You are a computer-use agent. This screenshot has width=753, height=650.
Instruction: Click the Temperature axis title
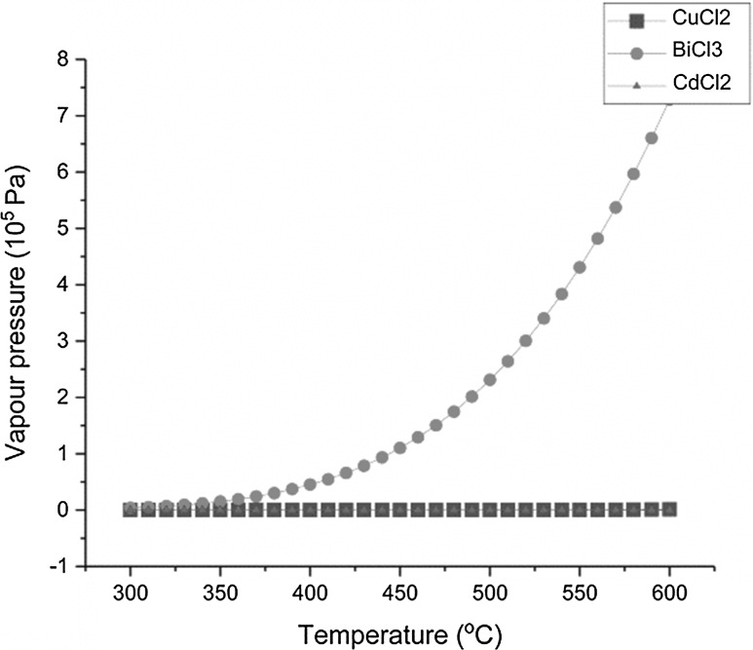coord(399,633)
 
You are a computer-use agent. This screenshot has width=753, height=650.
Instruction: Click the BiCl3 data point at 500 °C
coord(489,379)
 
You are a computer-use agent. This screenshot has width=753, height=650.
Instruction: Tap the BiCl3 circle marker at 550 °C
coord(580,267)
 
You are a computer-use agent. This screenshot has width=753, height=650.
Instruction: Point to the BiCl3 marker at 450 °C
coord(399,447)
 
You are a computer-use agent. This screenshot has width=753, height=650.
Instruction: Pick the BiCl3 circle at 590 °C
coord(652,137)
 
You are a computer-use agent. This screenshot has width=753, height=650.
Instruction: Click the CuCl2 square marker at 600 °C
coord(669,509)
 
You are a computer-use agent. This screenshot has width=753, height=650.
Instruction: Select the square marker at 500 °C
coord(489,510)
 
